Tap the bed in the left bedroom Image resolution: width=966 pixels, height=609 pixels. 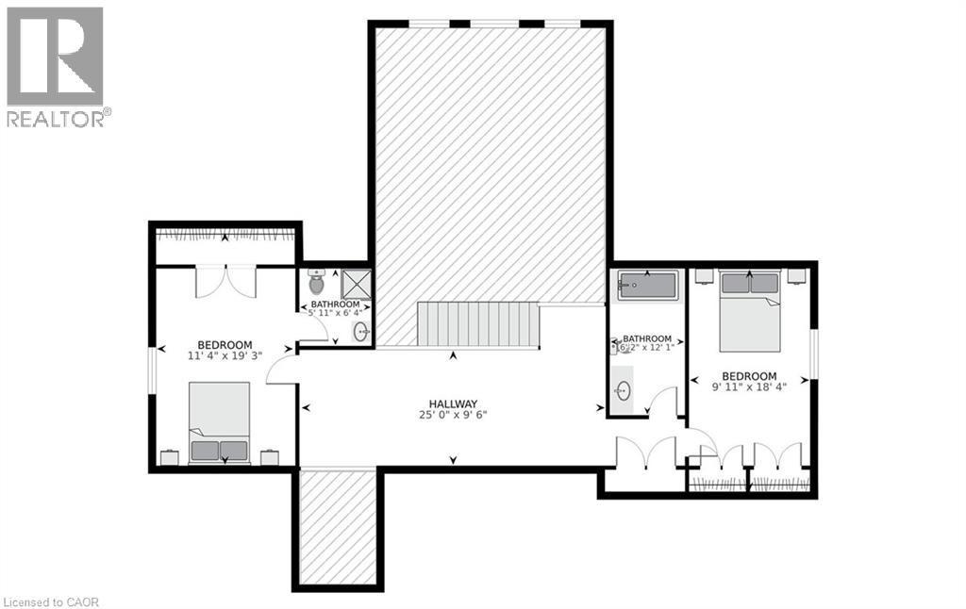[x=219, y=421]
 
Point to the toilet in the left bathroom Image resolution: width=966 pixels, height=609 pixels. [x=317, y=282]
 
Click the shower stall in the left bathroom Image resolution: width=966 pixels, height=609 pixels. [x=356, y=284]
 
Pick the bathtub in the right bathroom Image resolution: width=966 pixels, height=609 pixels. [x=648, y=285]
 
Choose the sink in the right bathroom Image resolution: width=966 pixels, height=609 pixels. [x=623, y=390]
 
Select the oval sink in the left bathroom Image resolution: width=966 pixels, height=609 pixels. [x=360, y=331]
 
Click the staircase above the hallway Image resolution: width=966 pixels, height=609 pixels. [x=477, y=324]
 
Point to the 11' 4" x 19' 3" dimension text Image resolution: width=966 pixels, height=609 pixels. [x=225, y=356]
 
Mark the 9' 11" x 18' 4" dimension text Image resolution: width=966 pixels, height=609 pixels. [x=749, y=387]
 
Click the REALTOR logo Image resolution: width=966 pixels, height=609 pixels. [x=56, y=67]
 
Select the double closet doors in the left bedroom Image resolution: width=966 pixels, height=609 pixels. [x=225, y=282]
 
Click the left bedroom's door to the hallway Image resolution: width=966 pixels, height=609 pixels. [x=282, y=371]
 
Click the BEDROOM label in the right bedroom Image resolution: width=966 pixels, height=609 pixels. [x=749, y=375]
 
